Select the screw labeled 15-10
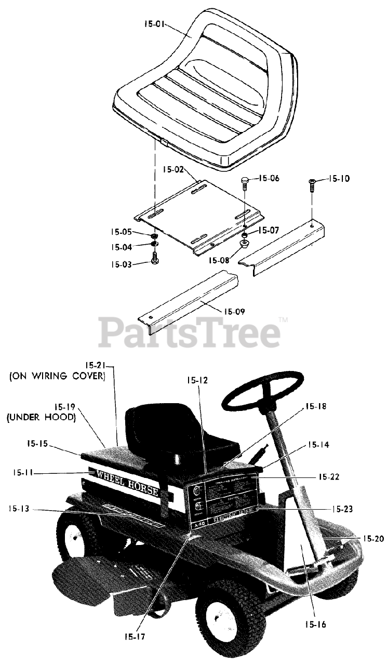pyautogui.click(x=312, y=185)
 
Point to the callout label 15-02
pyautogui.click(x=174, y=169)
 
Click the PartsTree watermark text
pyautogui.click(x=190, y=332)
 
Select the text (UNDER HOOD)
pyautogui.click(x=42, y=416)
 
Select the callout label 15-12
pyautogui.click(x=197, y=380)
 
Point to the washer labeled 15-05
pyautogui.click(x=154, y=237)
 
